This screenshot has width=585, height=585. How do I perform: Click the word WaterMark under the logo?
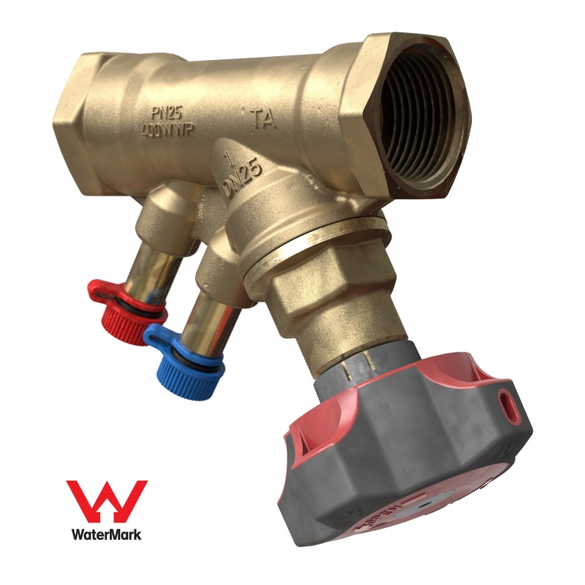click(x=106, y=534)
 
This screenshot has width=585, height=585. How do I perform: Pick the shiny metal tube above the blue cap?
click(x=209, y=316)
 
